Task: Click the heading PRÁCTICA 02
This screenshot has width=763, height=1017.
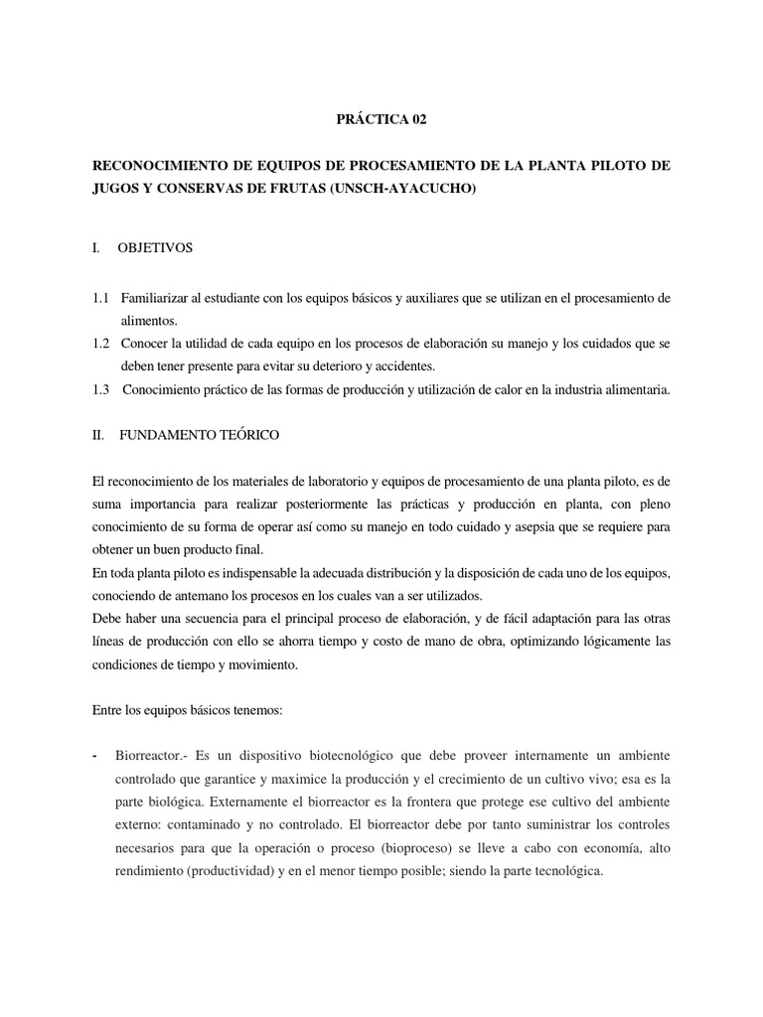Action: tap(382, 119)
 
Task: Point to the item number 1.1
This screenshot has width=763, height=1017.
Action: tap(99, 298)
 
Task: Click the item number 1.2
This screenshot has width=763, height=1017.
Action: tap(99, 344)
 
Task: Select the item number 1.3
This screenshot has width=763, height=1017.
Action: tap(99, 390)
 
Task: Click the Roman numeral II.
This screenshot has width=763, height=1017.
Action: tap(96, 435)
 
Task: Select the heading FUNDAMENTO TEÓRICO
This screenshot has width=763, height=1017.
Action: tap(200, 435)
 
